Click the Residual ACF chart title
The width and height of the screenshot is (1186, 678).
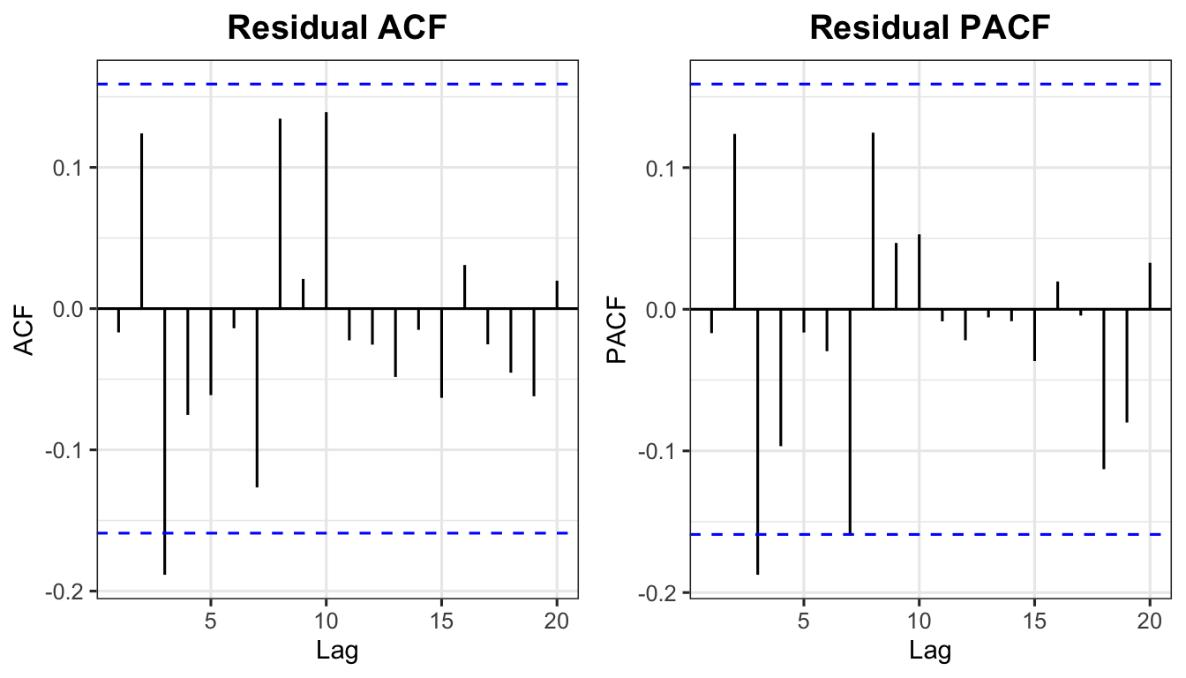[x=336, y=28]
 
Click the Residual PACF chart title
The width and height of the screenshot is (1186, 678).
[x=930, y=28]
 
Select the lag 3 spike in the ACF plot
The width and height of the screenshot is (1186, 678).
[x=164, y=441]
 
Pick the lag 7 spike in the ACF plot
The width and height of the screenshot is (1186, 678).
[x=257, y=397]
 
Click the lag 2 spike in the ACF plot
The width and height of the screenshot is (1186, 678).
[x=141, y=221]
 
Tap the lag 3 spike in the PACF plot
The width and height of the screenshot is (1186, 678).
[x=757, y=441]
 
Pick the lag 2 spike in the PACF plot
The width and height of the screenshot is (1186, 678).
[x=734, y=221]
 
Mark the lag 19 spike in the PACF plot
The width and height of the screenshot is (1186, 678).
[x=1127, y=365]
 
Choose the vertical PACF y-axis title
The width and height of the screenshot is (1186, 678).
[x=618, y=331]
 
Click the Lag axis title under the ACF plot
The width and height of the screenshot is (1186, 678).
[x=336, y=652]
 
